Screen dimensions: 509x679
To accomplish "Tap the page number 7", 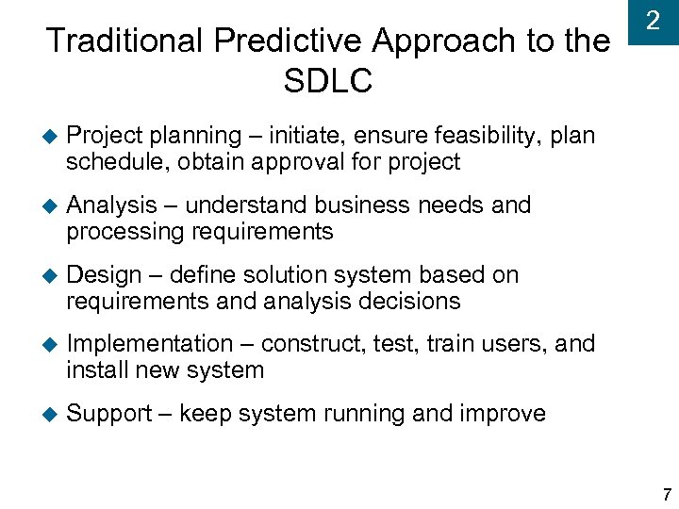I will point(667,495).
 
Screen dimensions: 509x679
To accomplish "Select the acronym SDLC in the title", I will point(327,81).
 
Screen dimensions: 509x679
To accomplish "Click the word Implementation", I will point(150,344).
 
